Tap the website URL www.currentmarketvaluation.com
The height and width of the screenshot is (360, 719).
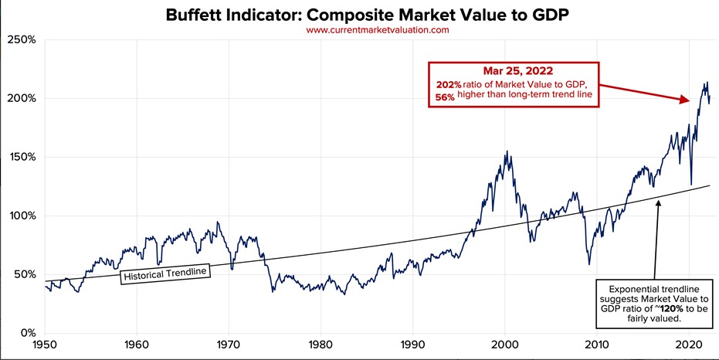[x=377, y=29]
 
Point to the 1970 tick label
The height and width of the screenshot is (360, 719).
[x=229, y=344]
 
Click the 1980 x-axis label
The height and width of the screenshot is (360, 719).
[x=320, y=344]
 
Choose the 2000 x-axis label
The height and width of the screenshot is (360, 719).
[x=504, y=344]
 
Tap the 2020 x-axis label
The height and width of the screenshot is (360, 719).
[x=688, y=344]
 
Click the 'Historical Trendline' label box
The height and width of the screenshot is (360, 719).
[x=165, y=273]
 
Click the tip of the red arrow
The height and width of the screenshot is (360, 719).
[x=689, y=101]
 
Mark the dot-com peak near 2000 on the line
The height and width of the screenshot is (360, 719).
[x=506, y=151]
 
